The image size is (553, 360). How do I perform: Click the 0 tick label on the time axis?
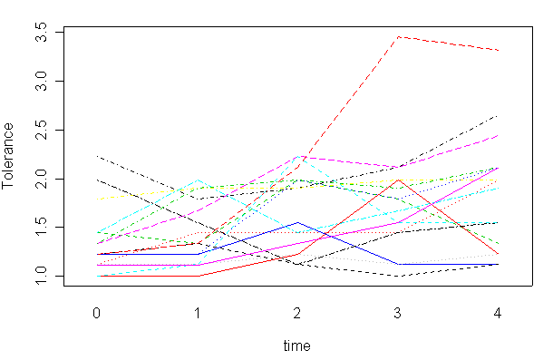[x=96, y=313]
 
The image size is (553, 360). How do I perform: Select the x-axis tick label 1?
[x=197, y=313]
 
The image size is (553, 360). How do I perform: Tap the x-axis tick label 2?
[x=297, y=313]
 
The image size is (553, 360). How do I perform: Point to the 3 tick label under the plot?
[x=398, y=313]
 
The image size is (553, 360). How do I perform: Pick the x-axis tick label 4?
[x=499, y=313]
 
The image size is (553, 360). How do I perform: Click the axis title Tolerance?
[x=11, y=154]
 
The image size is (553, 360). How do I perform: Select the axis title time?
[x=297, y=345]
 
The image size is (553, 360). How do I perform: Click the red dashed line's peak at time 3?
[x=398, y=37]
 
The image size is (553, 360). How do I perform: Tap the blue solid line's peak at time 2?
[x=297, y=222]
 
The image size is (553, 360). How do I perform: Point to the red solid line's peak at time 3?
[x=398, y=180]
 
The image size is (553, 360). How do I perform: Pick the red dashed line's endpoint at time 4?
[x=499, y=50]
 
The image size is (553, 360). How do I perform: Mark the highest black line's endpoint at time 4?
[x=499, y=115]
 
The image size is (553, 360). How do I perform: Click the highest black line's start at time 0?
[x=96, y=156]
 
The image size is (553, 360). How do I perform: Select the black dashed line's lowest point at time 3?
[x=398, y=276]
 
